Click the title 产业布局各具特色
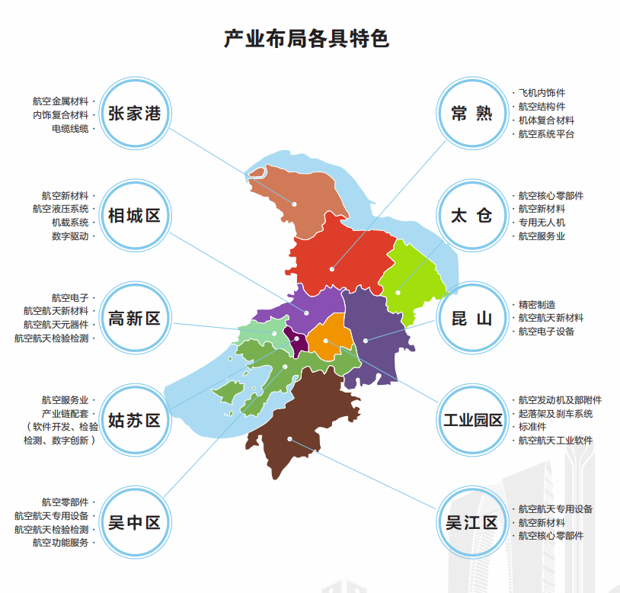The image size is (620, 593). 306,39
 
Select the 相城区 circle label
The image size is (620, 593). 134,216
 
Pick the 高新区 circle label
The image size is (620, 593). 134,319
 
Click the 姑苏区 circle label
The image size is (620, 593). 134,420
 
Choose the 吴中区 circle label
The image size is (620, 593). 134,523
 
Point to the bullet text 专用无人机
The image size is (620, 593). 542,223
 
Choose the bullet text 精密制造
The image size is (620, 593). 537,304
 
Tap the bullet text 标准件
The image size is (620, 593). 532,427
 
